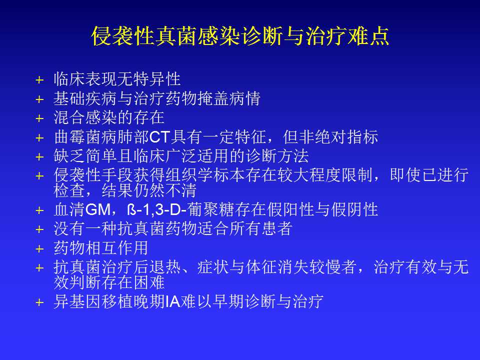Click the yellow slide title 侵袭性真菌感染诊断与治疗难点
(x=240, y=36)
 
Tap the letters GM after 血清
(x=98, y=209)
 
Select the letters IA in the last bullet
(x=172, y=301)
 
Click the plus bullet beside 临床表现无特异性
(x=40, y=80)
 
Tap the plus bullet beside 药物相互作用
(x=40, y=249)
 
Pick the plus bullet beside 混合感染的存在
(x=40, y=118)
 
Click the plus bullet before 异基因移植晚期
(x=40, y=302)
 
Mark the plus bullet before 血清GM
(x=40, y=210)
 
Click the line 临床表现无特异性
(x=117, y=79)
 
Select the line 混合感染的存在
(x=109, y=117)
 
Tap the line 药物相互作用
(x=101, y=248)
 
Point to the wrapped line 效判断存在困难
(x=109, y=282)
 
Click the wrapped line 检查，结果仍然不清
(x=125, y=190)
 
